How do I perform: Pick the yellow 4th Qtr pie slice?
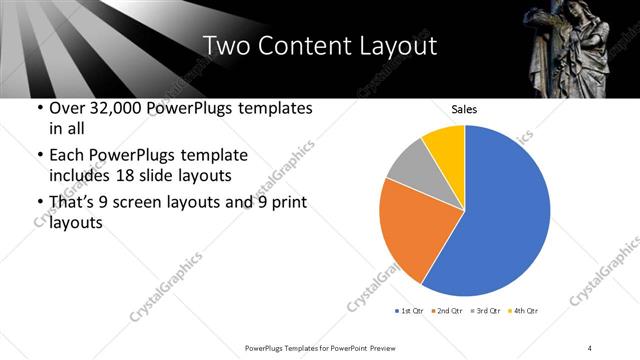point(444,146)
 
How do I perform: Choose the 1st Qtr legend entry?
point(409,310)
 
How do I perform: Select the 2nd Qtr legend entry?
point(448,310)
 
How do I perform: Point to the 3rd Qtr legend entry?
point(487,310)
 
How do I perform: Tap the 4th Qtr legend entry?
point(525,310)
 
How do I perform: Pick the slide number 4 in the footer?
point(591,347)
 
